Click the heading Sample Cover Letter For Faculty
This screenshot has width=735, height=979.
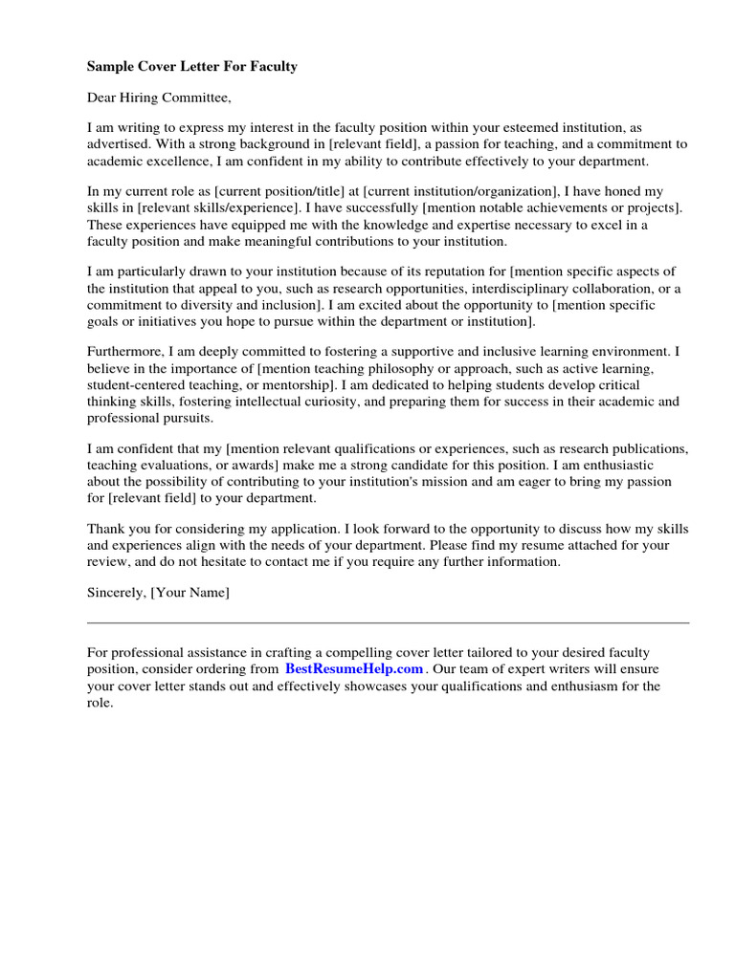click(x=191, y=66)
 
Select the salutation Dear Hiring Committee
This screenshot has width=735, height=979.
click(x=159, y=97)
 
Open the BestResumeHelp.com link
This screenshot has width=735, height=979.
click(x=353, y=668)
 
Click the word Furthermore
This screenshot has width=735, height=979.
click(x=125, y=351)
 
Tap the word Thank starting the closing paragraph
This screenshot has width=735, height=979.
click(x=105, y=529)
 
